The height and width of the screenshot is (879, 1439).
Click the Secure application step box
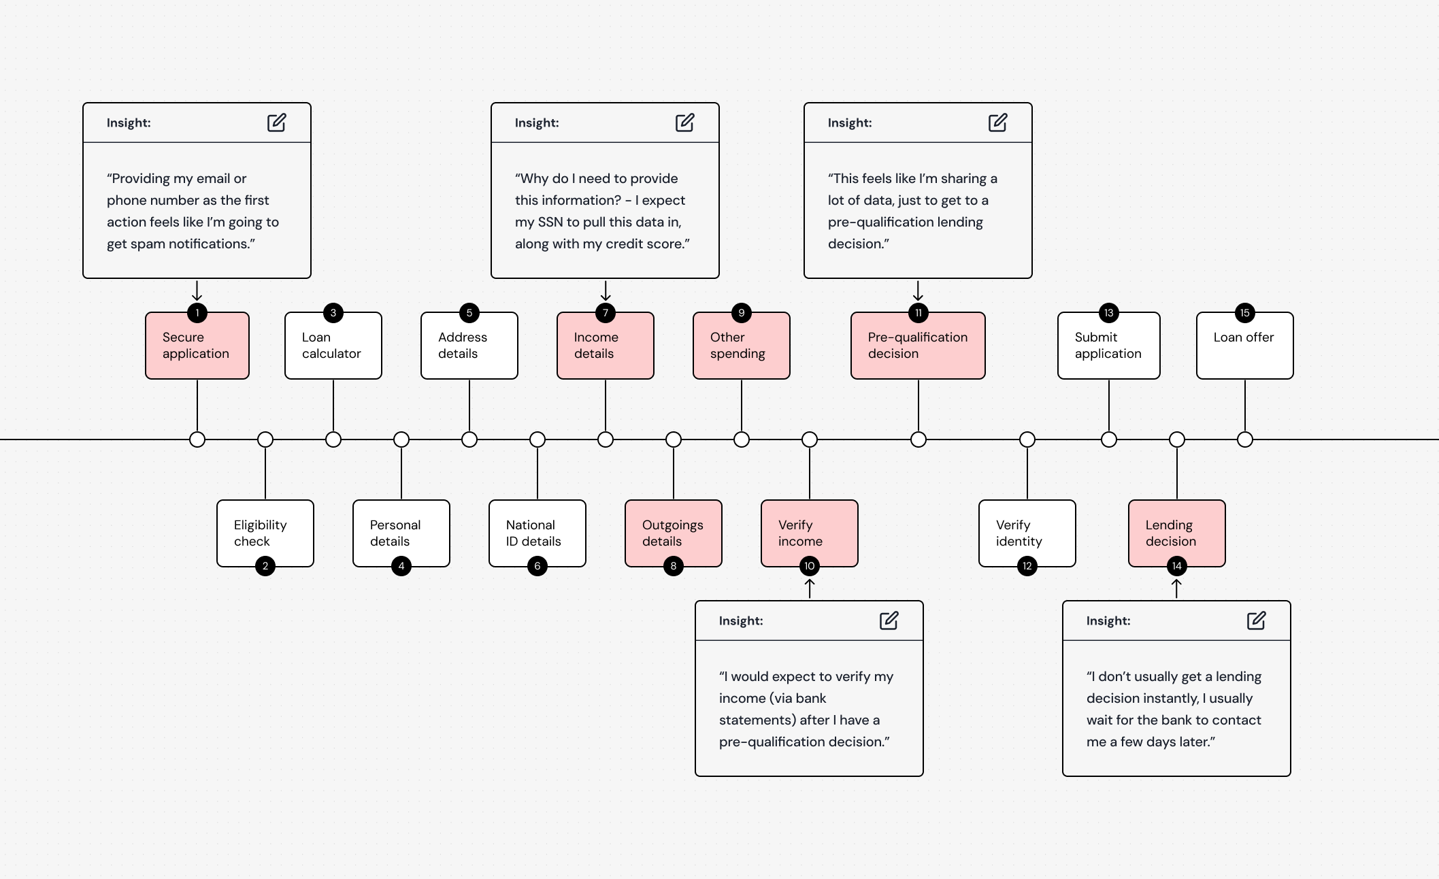(197, 346)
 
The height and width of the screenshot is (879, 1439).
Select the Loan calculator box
(333, 346)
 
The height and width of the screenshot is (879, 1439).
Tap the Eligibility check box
(265, 533)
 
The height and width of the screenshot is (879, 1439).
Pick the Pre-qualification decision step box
(918, 346)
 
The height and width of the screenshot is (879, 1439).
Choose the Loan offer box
(1245, 346)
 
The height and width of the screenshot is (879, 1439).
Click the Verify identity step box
(1027, 533)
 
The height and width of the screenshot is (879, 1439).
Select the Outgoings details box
(674, 533)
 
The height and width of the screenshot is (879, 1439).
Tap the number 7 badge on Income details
(606, 313)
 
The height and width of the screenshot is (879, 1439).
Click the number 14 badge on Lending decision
(1177, 566)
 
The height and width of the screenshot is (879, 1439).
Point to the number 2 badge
(265, 566)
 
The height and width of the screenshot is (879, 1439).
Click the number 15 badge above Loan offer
(1245, 313)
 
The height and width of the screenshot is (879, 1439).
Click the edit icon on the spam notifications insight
(277, 122)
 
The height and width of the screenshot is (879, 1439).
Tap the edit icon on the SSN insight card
(685, 122)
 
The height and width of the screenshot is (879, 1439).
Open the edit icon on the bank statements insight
(889, 620)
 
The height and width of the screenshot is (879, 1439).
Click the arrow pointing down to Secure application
(197, 291)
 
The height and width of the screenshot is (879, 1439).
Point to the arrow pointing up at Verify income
(810, 588)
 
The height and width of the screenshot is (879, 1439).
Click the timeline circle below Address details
(469, 439)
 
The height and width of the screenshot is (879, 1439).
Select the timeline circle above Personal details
(401, 439)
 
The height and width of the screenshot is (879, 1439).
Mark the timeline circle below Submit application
(1109, 439)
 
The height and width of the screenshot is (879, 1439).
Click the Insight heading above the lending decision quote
(1108, 620)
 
